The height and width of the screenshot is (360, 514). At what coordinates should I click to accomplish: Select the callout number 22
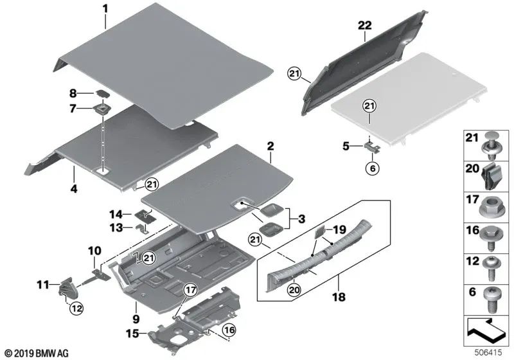pyautogui.click(x=364, y=26)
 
